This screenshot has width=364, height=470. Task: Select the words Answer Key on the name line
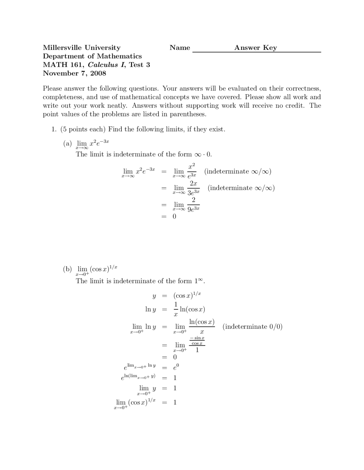(x=255, y=48)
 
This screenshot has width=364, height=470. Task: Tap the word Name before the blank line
(x=180, y=48)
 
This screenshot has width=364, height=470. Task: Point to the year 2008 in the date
(x=98, y=73)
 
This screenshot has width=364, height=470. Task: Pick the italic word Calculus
(x=103, y=65)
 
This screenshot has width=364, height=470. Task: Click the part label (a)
(x=67, y=143)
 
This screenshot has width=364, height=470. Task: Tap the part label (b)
(x=67, y=269)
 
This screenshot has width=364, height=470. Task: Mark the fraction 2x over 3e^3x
(x=193, y=188)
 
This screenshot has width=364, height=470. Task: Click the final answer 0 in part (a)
(x=174, y=217)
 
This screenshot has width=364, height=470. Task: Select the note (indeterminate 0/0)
(x=252, y=327)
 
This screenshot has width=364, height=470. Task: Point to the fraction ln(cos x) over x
(x=202, y=327)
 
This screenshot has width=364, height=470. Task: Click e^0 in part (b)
(x=176, y=367)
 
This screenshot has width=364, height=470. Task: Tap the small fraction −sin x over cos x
(x=197, y=341)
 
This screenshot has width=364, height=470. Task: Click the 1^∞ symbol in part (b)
(x=199, y=281)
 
